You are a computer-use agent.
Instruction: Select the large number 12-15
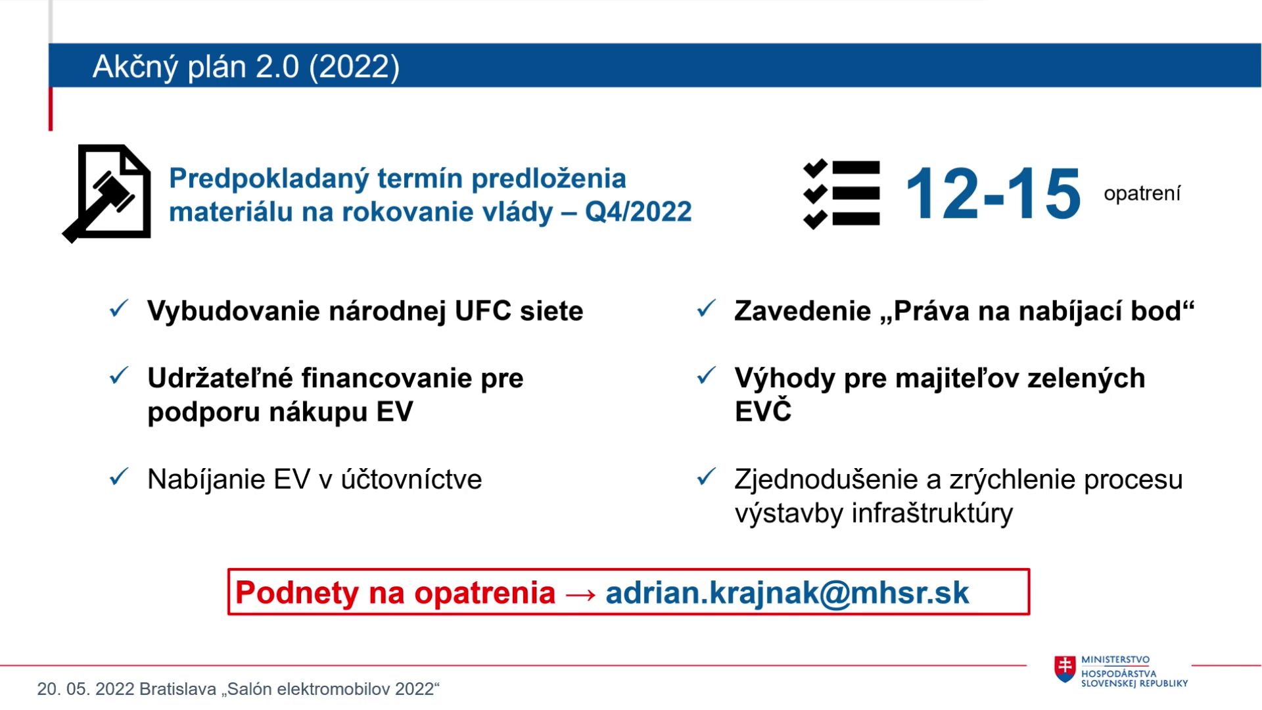point(993,193)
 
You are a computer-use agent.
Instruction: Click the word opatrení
point(1142,194)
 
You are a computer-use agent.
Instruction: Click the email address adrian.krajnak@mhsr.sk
point(787,592)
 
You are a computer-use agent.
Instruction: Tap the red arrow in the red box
point(580,594)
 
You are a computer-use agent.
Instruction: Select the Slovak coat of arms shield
point(1065,669)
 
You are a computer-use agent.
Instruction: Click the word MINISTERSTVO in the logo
point(1115,660)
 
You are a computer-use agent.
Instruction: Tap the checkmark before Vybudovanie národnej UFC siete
point(119,308)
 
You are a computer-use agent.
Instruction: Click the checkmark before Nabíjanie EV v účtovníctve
point(119,477)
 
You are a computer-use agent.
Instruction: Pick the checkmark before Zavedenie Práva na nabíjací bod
point(707,308)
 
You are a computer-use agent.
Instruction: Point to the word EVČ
point(763,411)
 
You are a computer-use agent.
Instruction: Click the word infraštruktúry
point(933,513)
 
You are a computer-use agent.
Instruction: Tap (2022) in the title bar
point(354,66)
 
